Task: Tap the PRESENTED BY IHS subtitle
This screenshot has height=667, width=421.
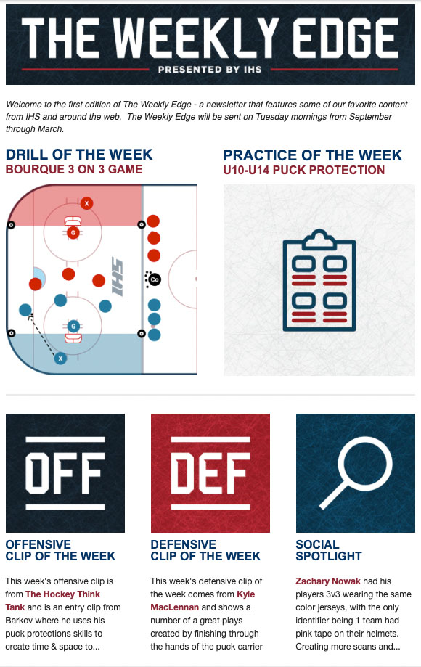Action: tap(210, 70)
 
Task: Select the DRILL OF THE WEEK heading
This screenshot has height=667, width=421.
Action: tap(79, 155)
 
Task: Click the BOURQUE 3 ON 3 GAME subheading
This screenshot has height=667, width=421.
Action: tap(74, 169)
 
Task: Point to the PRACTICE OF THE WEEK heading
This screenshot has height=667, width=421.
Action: tap(313, 155)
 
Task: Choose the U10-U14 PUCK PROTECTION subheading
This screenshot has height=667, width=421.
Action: tap(304, 170)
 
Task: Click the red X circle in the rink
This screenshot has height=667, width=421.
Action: tap(87, 203)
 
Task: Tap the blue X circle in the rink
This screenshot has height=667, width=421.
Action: tap(60, 359)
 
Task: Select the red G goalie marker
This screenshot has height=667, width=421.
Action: tap(73, 233)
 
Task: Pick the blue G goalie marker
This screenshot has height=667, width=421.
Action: tap(73, 327)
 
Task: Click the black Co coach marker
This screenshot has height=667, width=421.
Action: tap(155, 279)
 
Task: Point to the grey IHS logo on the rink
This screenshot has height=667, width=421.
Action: tap(117, 276)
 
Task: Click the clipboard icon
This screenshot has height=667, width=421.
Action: tap(319, 280)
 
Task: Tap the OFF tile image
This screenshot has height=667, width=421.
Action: tap(65, 473)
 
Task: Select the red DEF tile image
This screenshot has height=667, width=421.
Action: tap(210, 473)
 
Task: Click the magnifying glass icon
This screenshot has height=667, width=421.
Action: tap(356, 473)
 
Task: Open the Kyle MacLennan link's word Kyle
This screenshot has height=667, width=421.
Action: tap(246, 594)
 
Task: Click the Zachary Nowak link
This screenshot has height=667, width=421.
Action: tap(328, 581)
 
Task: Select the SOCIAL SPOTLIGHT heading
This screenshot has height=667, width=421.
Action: tap(329, 550)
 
